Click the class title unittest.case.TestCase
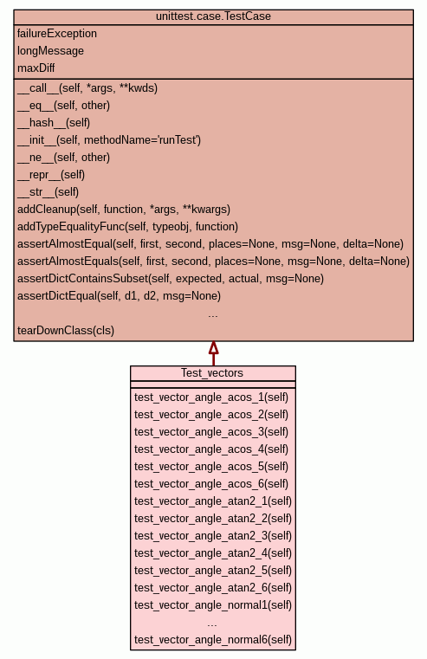[x=213, y=16]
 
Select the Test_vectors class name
[x=212, y=373]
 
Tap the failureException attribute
[x=57, y=34]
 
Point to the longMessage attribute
[x=50, y=51]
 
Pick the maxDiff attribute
[x=36, y=68]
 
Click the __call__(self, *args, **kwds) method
[x=87, y=88]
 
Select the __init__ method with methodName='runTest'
[x=109, y=140]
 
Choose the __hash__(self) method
[x=54, y=123]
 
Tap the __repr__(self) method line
[x=51, y=175]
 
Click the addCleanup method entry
[x=124, y=210]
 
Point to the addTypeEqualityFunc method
[x=128, y=227]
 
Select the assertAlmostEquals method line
[x=213, y=262]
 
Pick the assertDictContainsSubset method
[x=171, y=279]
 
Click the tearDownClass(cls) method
[x=66, y=330]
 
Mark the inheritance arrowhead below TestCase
[x=213, y=347]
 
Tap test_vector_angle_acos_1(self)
[x=211, y=397]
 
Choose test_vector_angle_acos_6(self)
[x=211, y=484]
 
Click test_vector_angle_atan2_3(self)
[x=213, y=536]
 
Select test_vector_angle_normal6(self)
[x=213, y=640]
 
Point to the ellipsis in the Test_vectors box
[x=212, y=625]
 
